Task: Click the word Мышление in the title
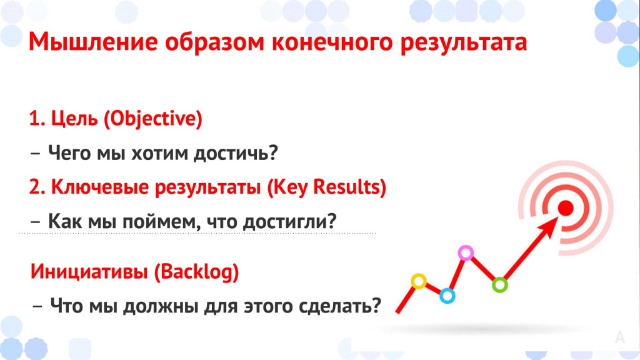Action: click(x=93, y=42)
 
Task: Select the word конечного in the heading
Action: click(x=332, y=42)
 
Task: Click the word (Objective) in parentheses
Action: click(x=153, y=119)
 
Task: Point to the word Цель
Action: click(x=75, y=119)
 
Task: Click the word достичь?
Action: click(x=236, y=153)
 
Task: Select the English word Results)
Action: click(x=349, y=187)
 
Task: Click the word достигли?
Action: click(x=290, y=222)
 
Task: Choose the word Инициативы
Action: click(x=89, y=271)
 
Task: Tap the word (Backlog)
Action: click(x=197, y=272)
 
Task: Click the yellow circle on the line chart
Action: click(x=419, y=281)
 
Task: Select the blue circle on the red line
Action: click(x=447, y=296)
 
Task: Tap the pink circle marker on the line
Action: click(x=466, y=253)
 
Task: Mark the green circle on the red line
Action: click(x=499, y=284)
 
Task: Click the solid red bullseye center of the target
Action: click(x=566, y=208)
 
